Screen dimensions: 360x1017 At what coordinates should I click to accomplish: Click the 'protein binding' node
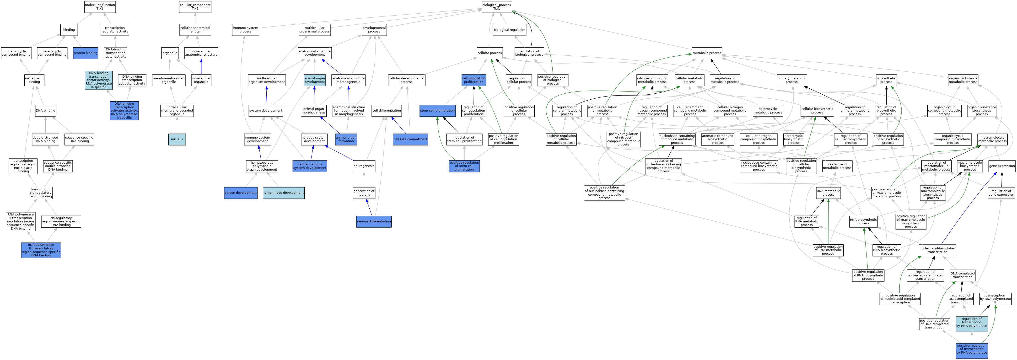pos(85,53)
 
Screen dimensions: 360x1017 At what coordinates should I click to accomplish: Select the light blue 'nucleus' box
pos(177,139)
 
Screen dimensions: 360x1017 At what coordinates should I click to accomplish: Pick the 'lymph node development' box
pos(284,193)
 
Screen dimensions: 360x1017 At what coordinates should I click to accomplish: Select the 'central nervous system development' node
pos(310,166)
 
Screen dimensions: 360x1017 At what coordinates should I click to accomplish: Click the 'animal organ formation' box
pos(346,139)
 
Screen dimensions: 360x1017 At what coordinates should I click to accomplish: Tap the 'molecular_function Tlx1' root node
pos(100,7)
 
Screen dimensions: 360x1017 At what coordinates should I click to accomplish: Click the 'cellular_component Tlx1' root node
pos(195,7)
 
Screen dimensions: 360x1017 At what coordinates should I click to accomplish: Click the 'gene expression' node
pos(1002,166)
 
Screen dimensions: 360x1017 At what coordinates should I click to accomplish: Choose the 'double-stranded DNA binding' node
pos(45,139)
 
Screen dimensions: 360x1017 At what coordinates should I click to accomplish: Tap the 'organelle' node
pos(170,53)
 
